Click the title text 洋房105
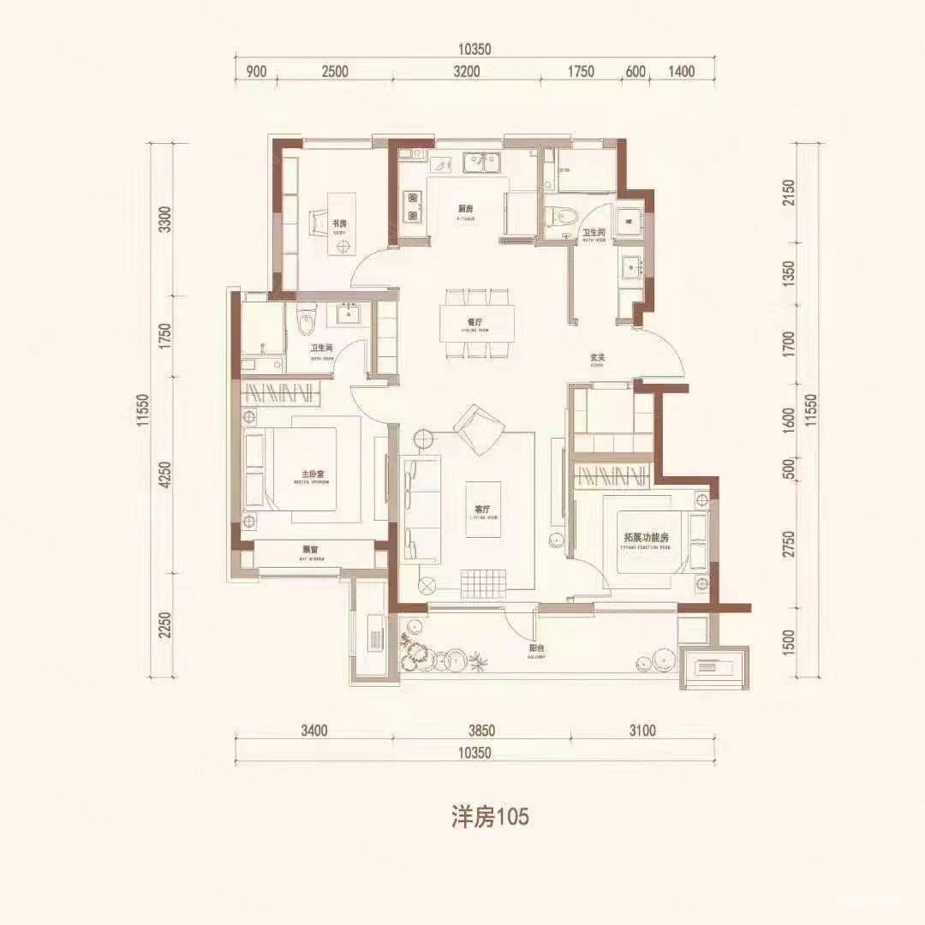[x=489, y=816]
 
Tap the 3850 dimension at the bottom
[x=482, y=731]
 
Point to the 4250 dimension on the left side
[x=166, y=475]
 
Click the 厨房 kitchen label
[x=465, y=210]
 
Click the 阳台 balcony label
[x=537, y=649]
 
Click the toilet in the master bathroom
[x=307, y=320]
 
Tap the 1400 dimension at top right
[x=681, y=72]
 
